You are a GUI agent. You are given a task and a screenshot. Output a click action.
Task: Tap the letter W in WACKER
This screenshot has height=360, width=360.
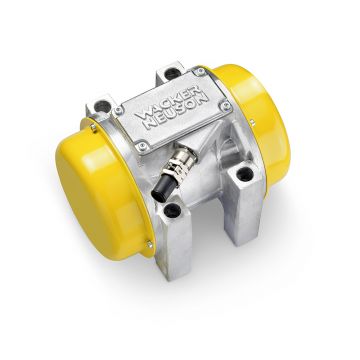pyautogui.click(x=142, y=114)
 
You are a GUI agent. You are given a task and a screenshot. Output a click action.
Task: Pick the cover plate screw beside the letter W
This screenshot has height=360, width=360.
pyautogui.click(x=118, y=110)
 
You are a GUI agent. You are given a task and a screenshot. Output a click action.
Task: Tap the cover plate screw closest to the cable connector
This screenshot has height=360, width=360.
pyautogui.click(x=143, y=146)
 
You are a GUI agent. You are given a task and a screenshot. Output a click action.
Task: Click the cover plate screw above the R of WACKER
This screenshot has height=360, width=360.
pyautogui.click(x=200, y=72)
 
